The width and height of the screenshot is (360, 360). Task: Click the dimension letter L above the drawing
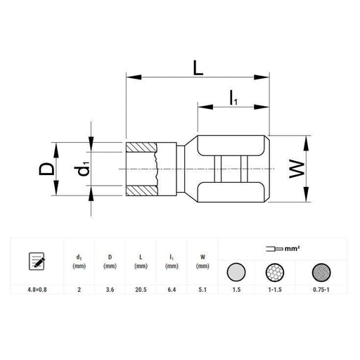point(198,68)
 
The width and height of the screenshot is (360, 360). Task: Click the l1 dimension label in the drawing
point(233,98)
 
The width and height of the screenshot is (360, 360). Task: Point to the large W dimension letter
point(297,169)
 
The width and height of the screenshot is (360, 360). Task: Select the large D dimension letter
point(46,169)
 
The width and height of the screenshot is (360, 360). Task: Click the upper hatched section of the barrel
point(141,147)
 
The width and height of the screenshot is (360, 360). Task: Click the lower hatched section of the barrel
point(142,191)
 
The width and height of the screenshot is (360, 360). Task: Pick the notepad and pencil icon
point(37,261)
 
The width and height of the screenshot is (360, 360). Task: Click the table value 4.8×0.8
point(37,290)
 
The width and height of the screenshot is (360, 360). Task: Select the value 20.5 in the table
point(141,290)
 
